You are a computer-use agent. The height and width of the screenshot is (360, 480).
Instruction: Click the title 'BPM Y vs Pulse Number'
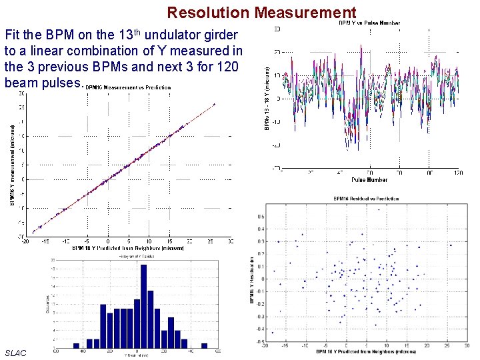[x=369, y=23]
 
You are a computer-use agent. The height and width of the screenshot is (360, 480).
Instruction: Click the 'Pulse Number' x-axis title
[x=369, y=179]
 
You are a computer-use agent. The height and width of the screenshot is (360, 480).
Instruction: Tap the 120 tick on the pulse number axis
[x=458, y=172]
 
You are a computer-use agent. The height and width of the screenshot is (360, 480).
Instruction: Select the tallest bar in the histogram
[x=143, y=307]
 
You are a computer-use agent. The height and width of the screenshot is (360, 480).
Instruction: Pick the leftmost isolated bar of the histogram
[x=76, y=345]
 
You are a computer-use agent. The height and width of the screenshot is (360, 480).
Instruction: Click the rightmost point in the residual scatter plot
[x=451, y=245]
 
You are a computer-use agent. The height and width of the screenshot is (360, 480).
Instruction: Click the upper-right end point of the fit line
[x=214, y=104]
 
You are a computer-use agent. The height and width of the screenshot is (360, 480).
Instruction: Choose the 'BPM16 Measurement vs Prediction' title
[x=127, y=87]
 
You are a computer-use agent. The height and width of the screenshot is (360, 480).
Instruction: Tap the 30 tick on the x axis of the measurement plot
[x=231, y=241]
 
